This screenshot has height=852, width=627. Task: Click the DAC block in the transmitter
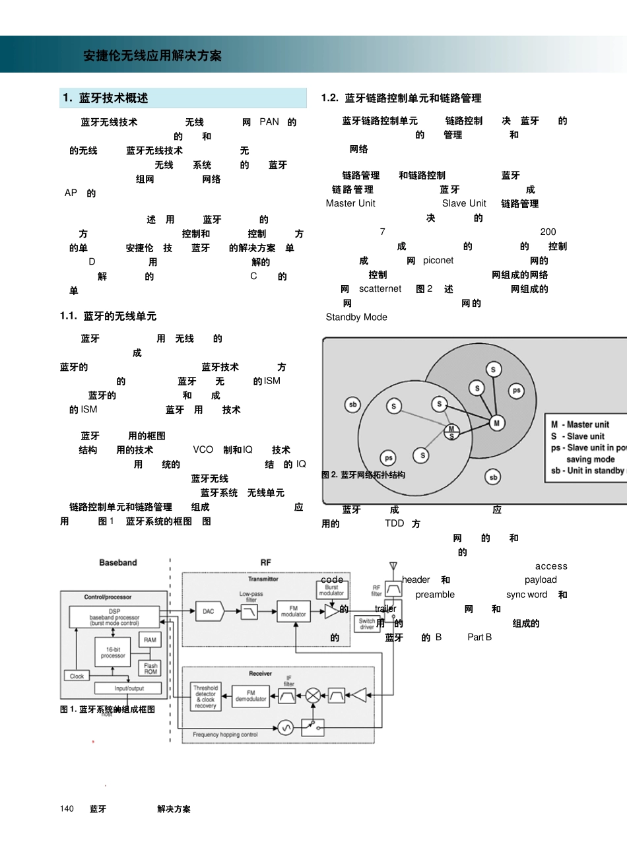click(209, 612)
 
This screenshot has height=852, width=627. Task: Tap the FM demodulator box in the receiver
click(251, 696)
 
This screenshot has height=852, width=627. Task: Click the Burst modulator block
click(331, 589)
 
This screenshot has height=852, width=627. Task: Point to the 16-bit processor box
click(113, 652)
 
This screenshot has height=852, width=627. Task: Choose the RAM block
click(150, 639)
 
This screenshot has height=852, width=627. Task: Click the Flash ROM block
click(150, 669)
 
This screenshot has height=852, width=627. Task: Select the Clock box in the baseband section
click(77, 676)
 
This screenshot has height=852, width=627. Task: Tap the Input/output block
click(129, 688)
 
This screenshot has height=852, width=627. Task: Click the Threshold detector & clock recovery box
click(205, 697)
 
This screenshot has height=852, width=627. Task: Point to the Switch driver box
click(367, 623)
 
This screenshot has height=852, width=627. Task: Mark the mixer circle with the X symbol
click(313, 695)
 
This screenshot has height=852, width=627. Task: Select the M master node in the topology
click(496, 423)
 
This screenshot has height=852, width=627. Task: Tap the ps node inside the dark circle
click(516, 390)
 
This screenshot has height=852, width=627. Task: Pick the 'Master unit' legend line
click(581, 424)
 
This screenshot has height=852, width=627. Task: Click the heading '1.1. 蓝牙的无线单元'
click(108, 316)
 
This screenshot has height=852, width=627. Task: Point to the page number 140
click(67, 808)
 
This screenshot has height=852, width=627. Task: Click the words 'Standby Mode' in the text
click(356, 317)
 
